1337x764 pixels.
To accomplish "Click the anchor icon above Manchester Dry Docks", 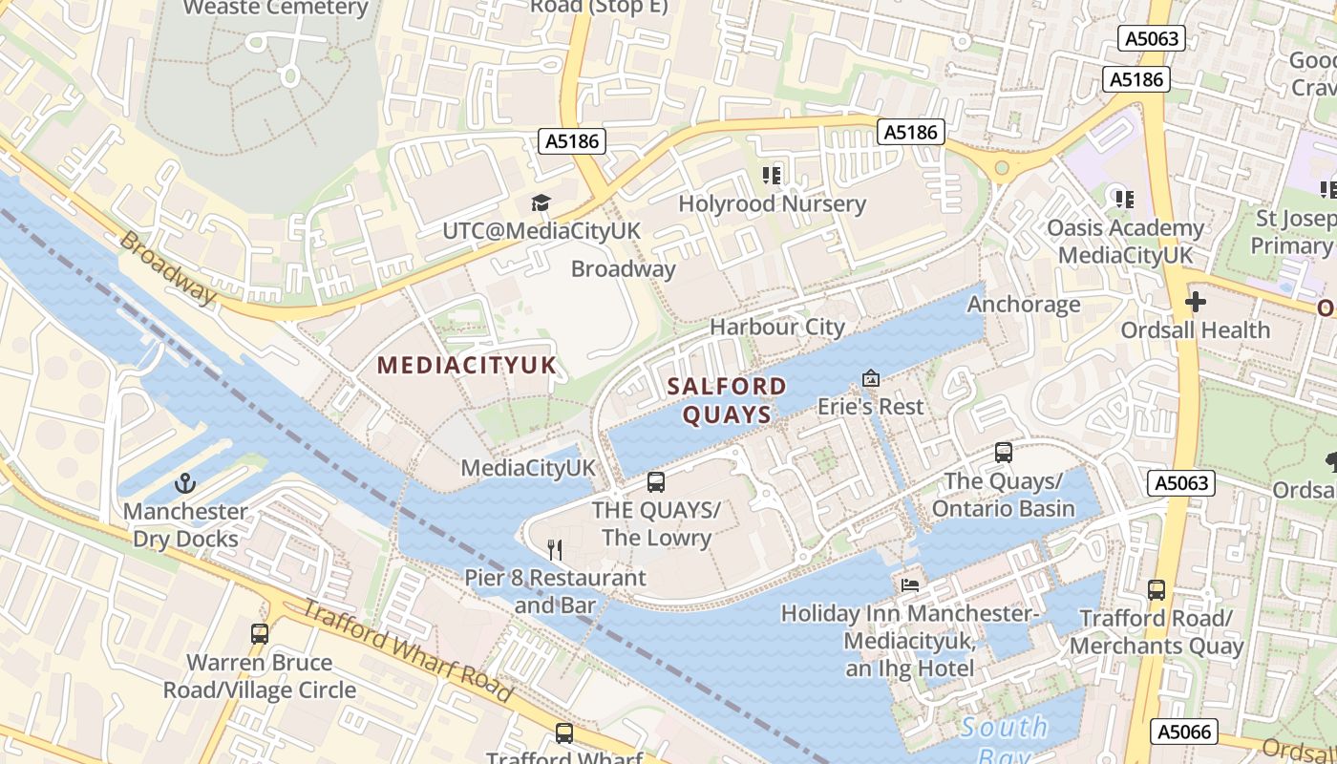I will pyautogui.click(x=185, y=483).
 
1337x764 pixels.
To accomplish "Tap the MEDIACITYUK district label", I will pyautogui.click(x=466, y=365).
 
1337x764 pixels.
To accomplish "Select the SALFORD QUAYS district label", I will pyautogui.click(x=727, y=400).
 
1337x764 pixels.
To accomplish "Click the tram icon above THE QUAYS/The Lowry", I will pyautogui.click(x=655, y=482).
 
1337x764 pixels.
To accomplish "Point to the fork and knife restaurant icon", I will pyautogui.click(x=555, y=550).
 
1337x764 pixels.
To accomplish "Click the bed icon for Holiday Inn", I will pyautogui.click(x=909, y=584).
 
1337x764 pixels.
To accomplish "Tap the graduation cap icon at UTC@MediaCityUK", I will pyautogui.click(x=541, y=202).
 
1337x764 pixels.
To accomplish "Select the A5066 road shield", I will pyautogui.click(x=1184, y=732).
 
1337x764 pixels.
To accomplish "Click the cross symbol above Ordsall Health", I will pyautogui.click(x=1195, y=303).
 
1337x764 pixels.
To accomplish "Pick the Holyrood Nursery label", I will pyautogui.click(x=772, y=203).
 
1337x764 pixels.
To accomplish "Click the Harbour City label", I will pyautogui.click(x=776, y=327).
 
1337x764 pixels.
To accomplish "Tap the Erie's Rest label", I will pyautogui.click(x=870, y=407).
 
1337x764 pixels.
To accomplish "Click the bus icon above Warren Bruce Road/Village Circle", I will pyautogui.click(x=259, y=633).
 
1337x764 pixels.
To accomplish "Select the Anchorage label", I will pyautogui.click(x=1024, y=305).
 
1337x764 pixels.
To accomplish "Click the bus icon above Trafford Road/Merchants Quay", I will pyautogui.click(x=1157, y=589).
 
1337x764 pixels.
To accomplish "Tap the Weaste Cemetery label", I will pyautogui.click(x=275, y=9).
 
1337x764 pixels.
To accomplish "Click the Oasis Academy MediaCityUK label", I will pyautogui.click(x=1125, y=242).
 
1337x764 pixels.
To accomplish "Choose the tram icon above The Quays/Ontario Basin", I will pyautogui.click(x=1003, y=452).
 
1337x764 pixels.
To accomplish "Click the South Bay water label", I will pyautogui.click(x=1004, y=729).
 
